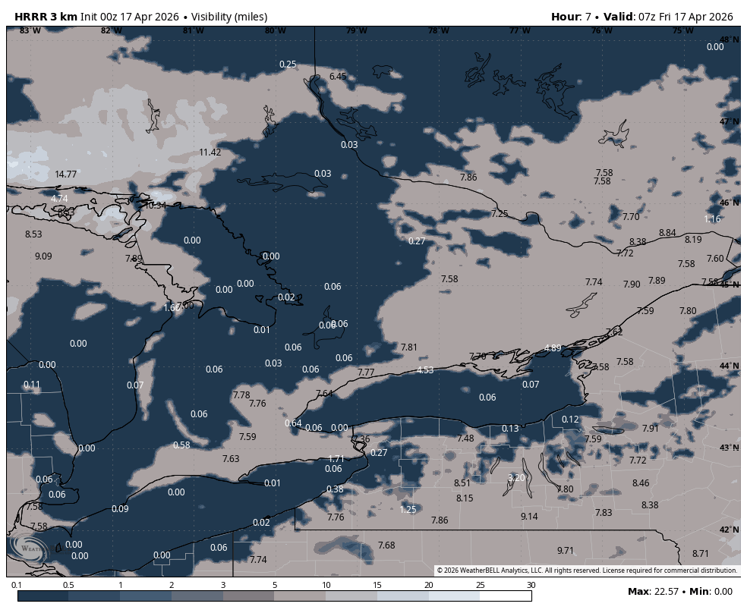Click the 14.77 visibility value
coord(66,174)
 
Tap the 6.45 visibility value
coord(338,77)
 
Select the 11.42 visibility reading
coord(210,152)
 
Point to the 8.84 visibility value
coord(667,233)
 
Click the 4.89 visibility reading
coord(553,348)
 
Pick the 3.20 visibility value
coord(516,478)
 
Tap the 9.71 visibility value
coord(566,551)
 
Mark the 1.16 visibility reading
coord(712,219)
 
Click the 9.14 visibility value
coord(529,517)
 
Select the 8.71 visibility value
coord(701,554)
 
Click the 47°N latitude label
coord(729,122)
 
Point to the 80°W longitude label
coord(275,31)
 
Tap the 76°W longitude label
coord(601,31)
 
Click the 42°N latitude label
coord(729,530)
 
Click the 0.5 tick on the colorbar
coord(68,585)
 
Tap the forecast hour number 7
coord(588,17)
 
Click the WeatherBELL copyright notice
coord(587,571)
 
